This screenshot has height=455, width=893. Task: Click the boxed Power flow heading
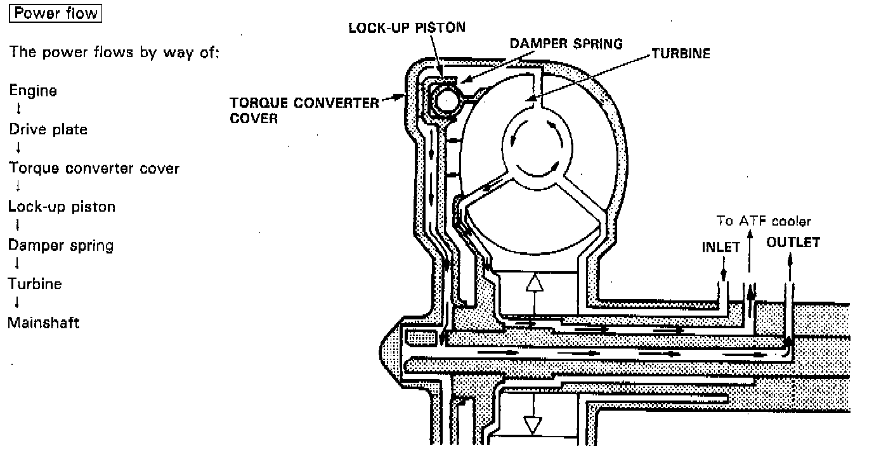56,14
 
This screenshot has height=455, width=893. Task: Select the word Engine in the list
32,91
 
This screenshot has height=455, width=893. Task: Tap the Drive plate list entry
48,129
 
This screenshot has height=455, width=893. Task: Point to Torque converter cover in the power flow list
94,169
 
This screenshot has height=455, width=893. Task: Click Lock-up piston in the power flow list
62,207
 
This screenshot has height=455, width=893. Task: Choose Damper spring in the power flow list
60,245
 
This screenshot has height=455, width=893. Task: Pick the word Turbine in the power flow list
35,284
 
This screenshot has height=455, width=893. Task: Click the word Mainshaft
43,323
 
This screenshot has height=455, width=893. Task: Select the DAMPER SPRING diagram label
566,44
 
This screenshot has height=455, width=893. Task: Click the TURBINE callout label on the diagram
681,54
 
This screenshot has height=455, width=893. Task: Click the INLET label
720,247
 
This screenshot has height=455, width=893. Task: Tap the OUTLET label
793,243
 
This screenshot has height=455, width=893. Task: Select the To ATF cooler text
764,221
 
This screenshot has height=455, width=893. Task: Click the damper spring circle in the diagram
446,100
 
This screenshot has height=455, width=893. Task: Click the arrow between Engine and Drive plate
19,110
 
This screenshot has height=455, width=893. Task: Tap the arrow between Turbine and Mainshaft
18,303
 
